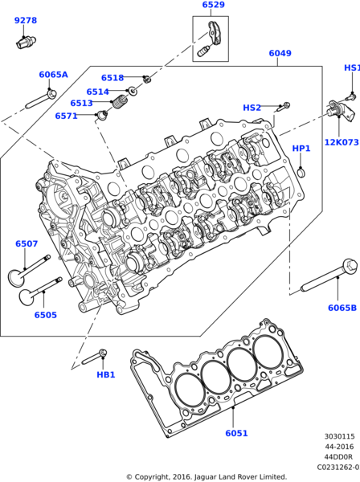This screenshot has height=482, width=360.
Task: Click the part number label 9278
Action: pyautogui.click(x=26, y=20)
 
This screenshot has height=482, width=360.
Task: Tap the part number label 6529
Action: pyautogui.click(x=213, y=6)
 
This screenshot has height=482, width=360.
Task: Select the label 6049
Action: pyautogui.click(x=280, y=54)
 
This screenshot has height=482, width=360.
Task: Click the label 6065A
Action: pyautogui.click(x=53, y=75)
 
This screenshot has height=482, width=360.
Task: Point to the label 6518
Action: pyautogui.click(x=112, y=78)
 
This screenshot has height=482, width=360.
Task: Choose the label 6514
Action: pyautogui.click(x=97, y=92)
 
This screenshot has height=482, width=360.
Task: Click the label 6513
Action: pyautogui.click(x=81, y=104)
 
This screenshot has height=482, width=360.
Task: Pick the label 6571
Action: pyautogui.click(x=67, y=116)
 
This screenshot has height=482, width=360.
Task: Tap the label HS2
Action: pyautogui.click(x=252, y=108)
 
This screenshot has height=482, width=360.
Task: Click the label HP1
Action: pyautogui.click(x=301, y=149)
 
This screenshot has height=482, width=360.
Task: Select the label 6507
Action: pyautogui.click(x=26, y=243)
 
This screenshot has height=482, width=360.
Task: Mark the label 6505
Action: pyautogui.click(x=45, y=315)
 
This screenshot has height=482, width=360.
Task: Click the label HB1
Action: pyautogui.click(x=106, y=374)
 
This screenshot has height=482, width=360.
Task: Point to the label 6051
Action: pyautogui.click(x=236, y=433)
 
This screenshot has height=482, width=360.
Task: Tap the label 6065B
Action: pyautogui.click(x=342, y=308)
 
